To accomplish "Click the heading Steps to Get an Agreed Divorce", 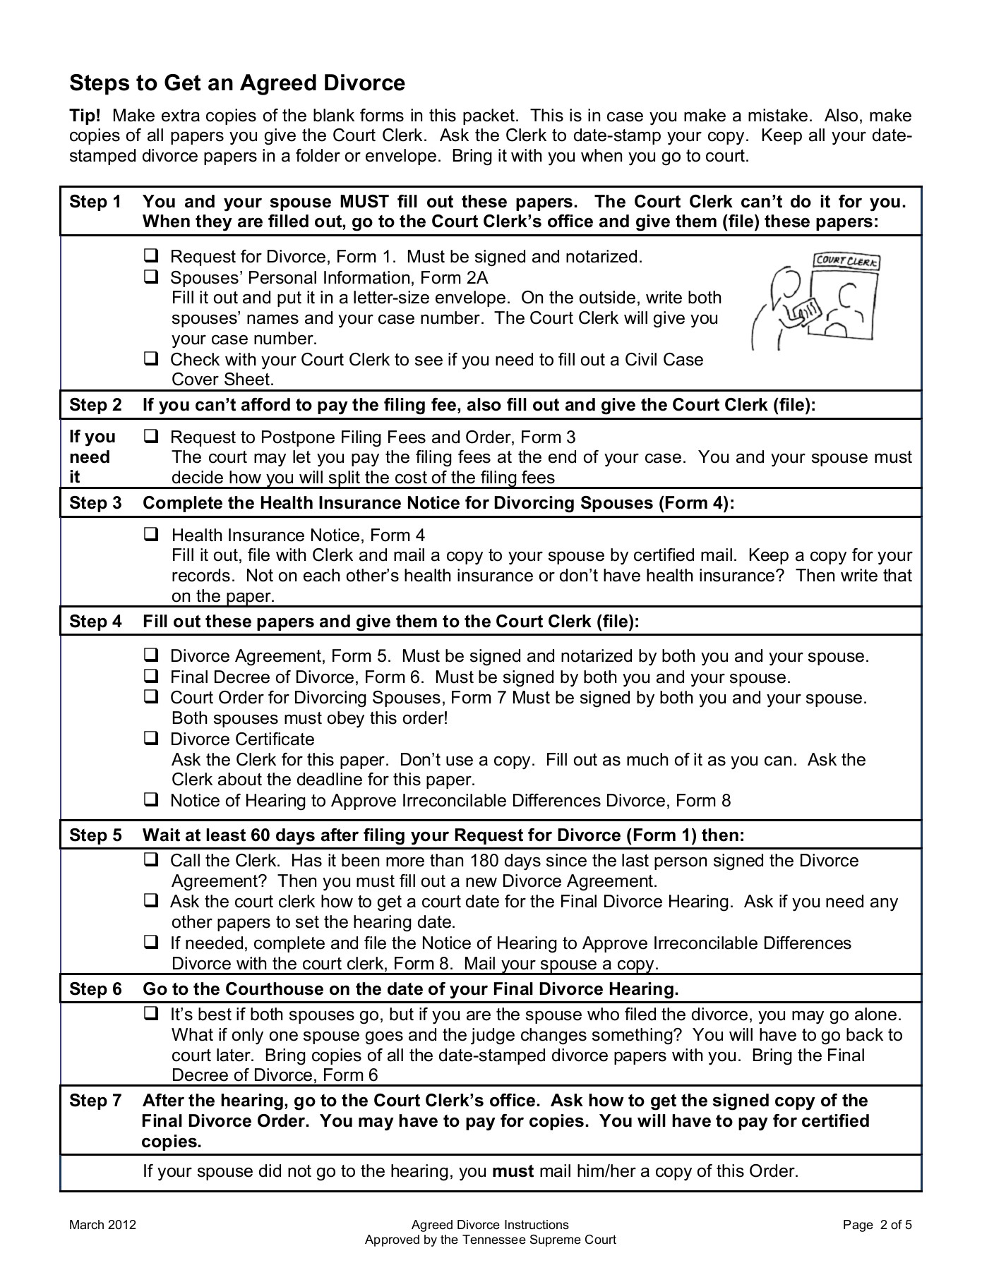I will pos(237,83).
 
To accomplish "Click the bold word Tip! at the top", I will pos(85,116).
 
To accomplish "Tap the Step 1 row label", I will pos(95,202).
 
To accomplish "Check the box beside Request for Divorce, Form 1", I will pos(151,255).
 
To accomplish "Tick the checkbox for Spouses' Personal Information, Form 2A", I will pos(151,277).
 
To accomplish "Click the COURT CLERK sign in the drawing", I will pos(846,261).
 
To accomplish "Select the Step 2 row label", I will pos(95,405).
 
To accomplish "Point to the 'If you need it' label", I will pos(92,456).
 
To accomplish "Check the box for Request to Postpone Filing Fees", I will pos(151,437).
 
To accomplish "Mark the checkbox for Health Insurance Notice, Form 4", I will pos(151,535).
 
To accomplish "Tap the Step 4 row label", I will pos(95,622).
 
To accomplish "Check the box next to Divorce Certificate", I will pos(151,738).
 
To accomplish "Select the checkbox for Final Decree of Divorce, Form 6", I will pos(151,676).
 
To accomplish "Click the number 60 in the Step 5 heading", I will pos(261,835).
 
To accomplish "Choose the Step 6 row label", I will pos(95,989).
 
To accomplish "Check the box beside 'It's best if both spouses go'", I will pos(151,1014).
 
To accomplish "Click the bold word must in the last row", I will pos(513,1171).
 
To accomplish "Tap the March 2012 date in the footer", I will pos(102,1225).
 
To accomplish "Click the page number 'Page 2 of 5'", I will pos(877,1225).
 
